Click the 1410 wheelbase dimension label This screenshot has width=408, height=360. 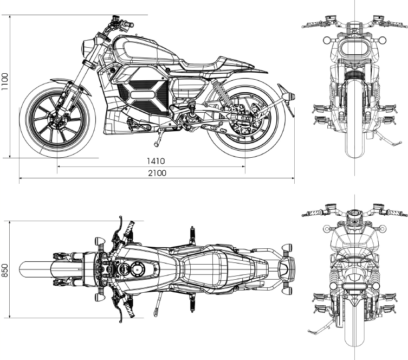pyautogui.click(x=156, y=161)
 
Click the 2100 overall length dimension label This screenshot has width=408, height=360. pyautogui.click(x=157, y=173)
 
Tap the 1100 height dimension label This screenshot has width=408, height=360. pyautogui.click(x=5, y=82)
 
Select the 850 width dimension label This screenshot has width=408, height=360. pyautogui.click(x=5, y=270)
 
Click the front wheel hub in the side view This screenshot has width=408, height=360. pyautogui.click(x=57, y=120)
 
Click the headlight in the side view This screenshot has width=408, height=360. pyautogui.click(x=87, y=48)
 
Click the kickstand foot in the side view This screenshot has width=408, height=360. pyautogui.click(x=156, y=144)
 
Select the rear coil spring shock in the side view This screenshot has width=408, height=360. pyautogui.click(x=222, y=91)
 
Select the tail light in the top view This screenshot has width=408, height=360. pyautogui.click(x=283, y=269)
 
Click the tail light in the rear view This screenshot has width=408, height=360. pyautogui.click(x=353, y=286)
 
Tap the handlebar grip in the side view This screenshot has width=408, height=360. pyautogui.click(x=127, y=24)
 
